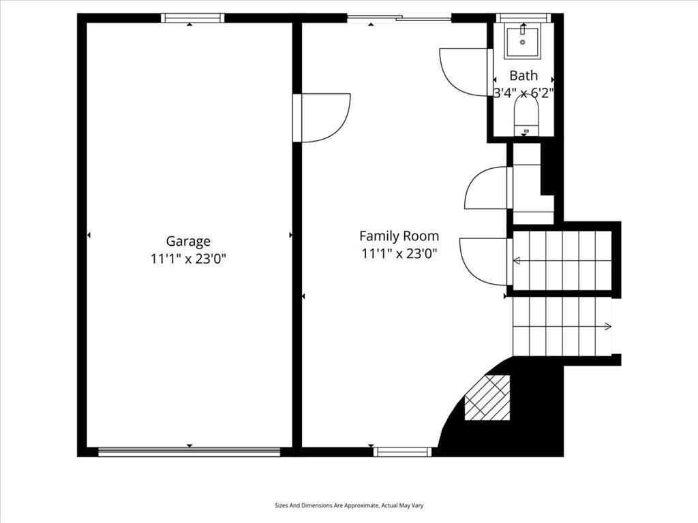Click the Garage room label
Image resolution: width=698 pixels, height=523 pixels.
click(x=188, y=242)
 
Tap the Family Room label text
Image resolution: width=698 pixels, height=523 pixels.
click(x=399, y=236)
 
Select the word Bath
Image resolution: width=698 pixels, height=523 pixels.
click(x=523, y=76)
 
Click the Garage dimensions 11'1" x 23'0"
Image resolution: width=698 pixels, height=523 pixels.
click(x=189, y=258)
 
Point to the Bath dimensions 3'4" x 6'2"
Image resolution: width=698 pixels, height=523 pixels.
click(x=523, y=93)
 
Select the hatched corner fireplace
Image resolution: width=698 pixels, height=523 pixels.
click(x=487, y=398)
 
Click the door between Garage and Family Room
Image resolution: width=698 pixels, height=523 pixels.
click(x=322, y=118)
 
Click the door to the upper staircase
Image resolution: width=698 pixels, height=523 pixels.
click(x=486, y=262)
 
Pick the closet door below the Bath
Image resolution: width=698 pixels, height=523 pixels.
click(x=488, y=187)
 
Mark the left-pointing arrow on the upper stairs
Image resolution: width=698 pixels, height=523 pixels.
click(x=562, y=261)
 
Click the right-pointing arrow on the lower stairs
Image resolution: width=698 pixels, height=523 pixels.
click(x=562, y=327)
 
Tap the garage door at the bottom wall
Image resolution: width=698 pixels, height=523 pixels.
click(x=189, y=452)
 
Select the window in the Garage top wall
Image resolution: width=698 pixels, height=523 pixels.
click(x=192, y=18)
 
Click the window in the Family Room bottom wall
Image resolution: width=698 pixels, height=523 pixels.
click(x=402, y=452)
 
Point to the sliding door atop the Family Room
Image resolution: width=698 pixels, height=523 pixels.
click(x=399, y=18)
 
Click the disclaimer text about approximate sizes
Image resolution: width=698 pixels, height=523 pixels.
click(x=349, y=506)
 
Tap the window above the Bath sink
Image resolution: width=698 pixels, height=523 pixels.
click(x=523, y=18)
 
